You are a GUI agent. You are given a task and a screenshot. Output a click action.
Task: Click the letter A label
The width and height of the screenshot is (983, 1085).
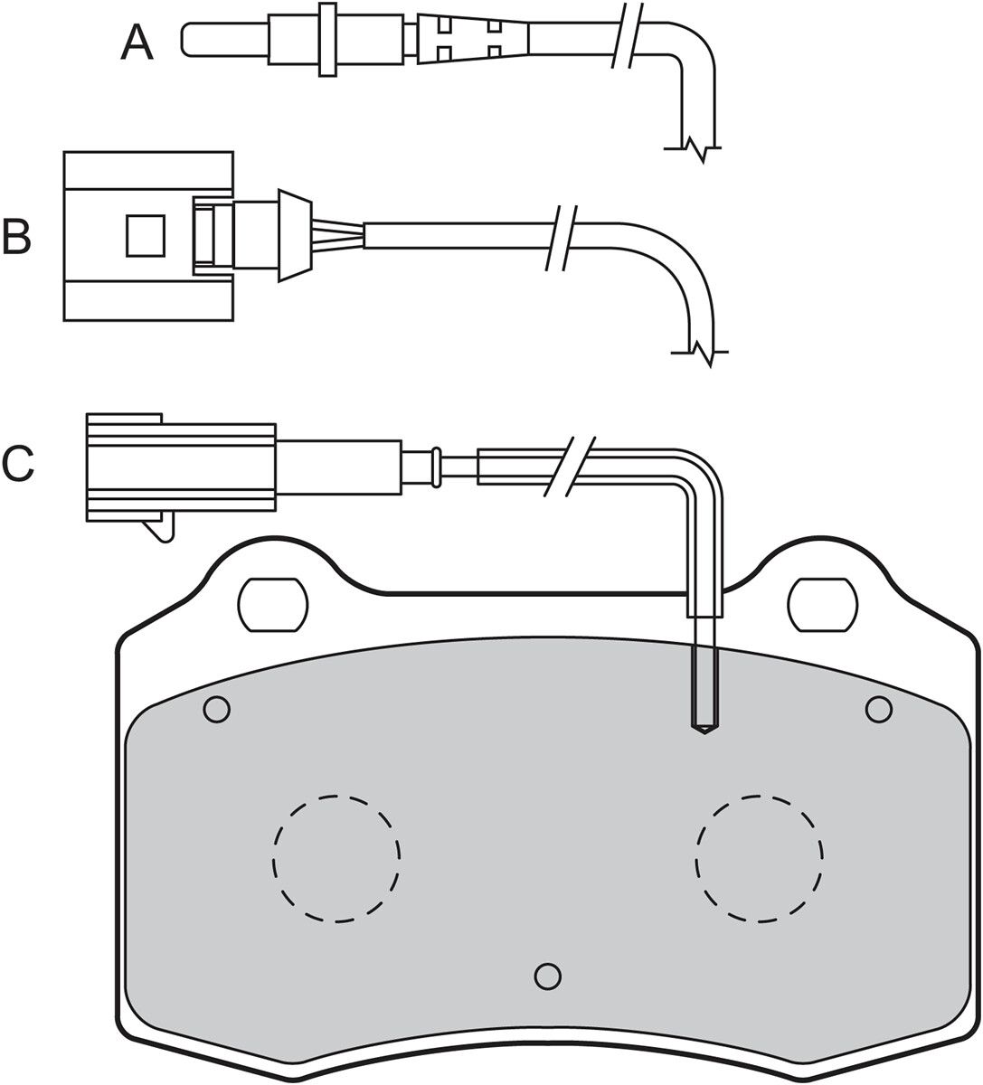click(x=137, y=43)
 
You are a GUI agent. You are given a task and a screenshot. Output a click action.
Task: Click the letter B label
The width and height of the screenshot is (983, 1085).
click(x=17, y=236)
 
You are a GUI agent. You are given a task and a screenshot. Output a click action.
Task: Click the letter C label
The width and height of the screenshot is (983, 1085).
click(x=18, y=464)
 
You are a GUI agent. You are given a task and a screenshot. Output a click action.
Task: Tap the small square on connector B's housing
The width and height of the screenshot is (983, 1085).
click(x=146, y=236)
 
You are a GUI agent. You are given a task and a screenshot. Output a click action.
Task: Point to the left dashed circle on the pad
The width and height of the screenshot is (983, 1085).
click(x=336, y=858)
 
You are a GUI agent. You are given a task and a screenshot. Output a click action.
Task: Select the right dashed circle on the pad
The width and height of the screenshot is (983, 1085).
click(x=760, y=858)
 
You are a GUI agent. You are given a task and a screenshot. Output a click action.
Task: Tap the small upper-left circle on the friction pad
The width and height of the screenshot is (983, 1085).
click(x=216, y=709)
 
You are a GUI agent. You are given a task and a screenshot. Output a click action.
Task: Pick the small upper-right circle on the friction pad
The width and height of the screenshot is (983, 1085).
click(x=879, y=709)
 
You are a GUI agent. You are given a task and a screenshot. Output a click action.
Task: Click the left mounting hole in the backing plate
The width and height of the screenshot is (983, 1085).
click(x=273, y=605)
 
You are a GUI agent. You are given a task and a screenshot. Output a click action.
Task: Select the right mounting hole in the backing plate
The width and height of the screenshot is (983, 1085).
click(x=823, y=605)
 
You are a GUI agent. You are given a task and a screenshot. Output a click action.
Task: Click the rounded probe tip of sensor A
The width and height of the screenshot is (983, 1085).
click(x=186, y=38)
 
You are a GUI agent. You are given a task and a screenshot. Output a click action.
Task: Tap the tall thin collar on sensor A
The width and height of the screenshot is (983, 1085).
click(x=328, y=39)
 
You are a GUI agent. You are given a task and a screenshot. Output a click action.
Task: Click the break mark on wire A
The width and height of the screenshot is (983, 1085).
click(x=628, y=35)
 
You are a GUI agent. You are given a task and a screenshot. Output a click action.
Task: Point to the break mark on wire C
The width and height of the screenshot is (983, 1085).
click(x=570, y=467)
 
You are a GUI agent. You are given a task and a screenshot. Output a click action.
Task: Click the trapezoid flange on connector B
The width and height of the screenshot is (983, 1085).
click(x=295, y=236)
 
